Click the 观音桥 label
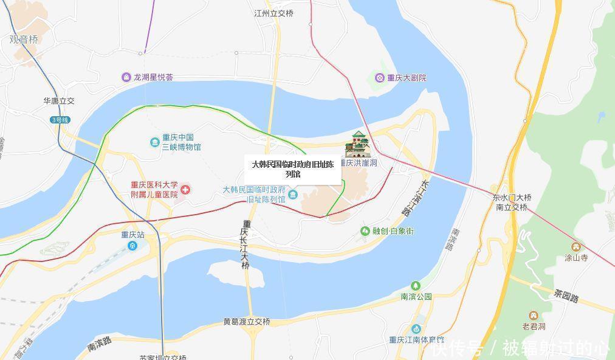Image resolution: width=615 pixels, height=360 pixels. click(x=24, y=40)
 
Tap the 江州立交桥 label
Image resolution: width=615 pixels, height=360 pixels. click(x=273, y=13)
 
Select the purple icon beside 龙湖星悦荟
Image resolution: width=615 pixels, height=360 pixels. click(x=126, y=77)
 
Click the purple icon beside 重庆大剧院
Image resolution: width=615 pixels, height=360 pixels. click(x=380, y=78)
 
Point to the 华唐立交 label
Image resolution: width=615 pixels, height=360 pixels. click(x=58, y=101)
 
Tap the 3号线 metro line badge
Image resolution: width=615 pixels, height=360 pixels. click(x=60, y=120)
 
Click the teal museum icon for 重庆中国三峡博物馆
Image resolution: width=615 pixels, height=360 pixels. click(x=154, y=142)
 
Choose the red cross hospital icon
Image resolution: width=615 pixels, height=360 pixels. click(x=185, y=190)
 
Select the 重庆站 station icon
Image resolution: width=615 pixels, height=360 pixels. click(x=132, y=246)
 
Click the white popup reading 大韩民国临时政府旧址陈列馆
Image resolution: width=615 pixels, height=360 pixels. click(x=293, y=169)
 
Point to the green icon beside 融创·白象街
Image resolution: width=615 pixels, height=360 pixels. click(x=365, y=231)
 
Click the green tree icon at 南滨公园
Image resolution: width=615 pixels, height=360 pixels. click(x=416, y=285)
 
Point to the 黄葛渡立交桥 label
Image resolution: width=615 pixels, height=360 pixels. click(x=246, y=322)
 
